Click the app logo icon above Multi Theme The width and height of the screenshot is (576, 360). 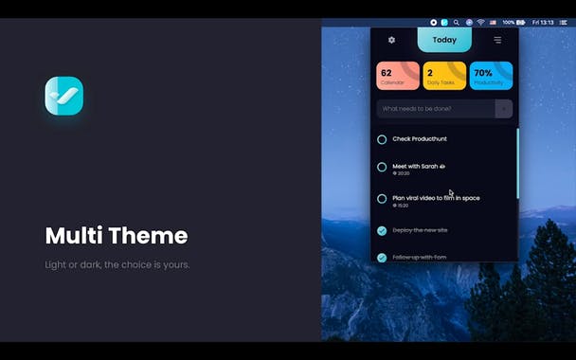(x=63, y=96)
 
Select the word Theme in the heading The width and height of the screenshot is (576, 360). (x=153, y=236)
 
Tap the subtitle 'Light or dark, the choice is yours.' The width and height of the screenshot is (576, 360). (x=117, y=264)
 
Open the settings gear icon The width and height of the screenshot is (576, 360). (x=392, y=40)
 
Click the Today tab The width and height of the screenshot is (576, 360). (x=444, y=40)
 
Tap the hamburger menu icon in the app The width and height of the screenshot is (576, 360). (x=497, y=40)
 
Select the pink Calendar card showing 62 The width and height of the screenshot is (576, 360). (x=398, y=76)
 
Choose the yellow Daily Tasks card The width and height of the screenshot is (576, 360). (x=444, y=76)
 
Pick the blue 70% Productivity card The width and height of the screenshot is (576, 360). (x=491, y=76)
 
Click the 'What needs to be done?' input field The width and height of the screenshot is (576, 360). (x=436, y=109)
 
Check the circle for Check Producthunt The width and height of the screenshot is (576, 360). (x=382, y=139)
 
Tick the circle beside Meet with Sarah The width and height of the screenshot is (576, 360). (x=382, y=167)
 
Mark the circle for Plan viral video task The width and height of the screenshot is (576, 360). (x=382, y=199)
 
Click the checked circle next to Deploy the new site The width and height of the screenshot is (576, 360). (x=382, y=230)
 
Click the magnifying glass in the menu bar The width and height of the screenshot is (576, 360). (x=456, y=22)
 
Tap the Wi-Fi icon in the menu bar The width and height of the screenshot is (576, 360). (x=480, y=22)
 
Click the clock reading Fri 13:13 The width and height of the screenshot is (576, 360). (x=543, y=22)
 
